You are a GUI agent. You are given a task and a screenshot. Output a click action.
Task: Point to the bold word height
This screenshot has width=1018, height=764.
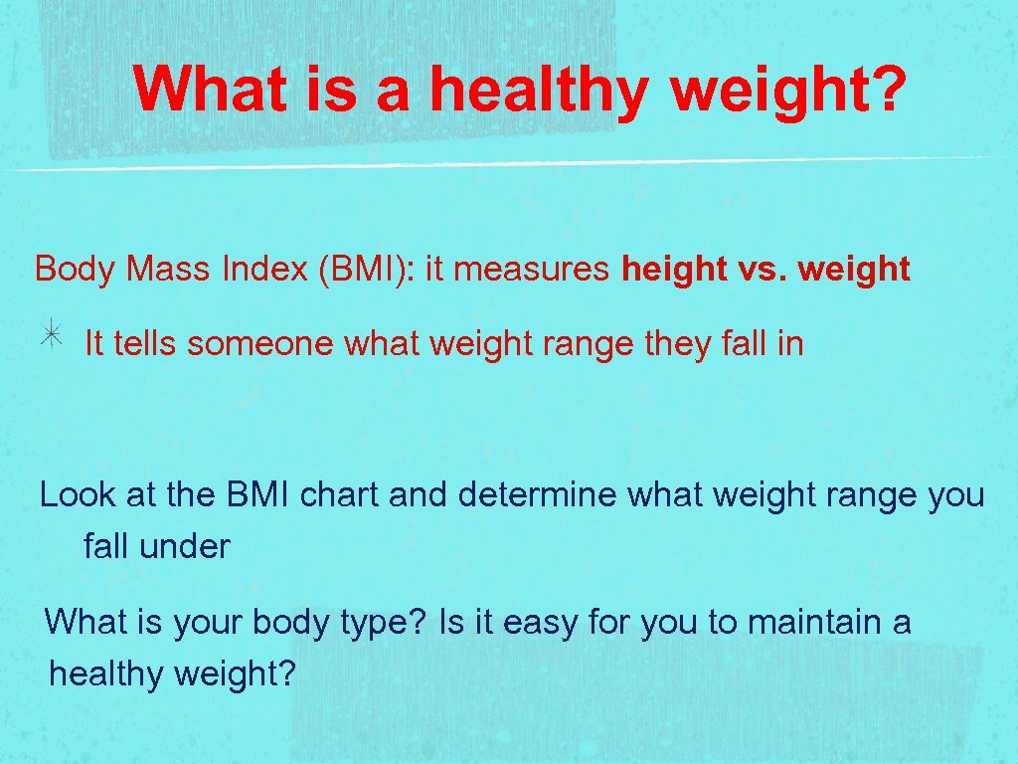[x=670, y=270]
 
